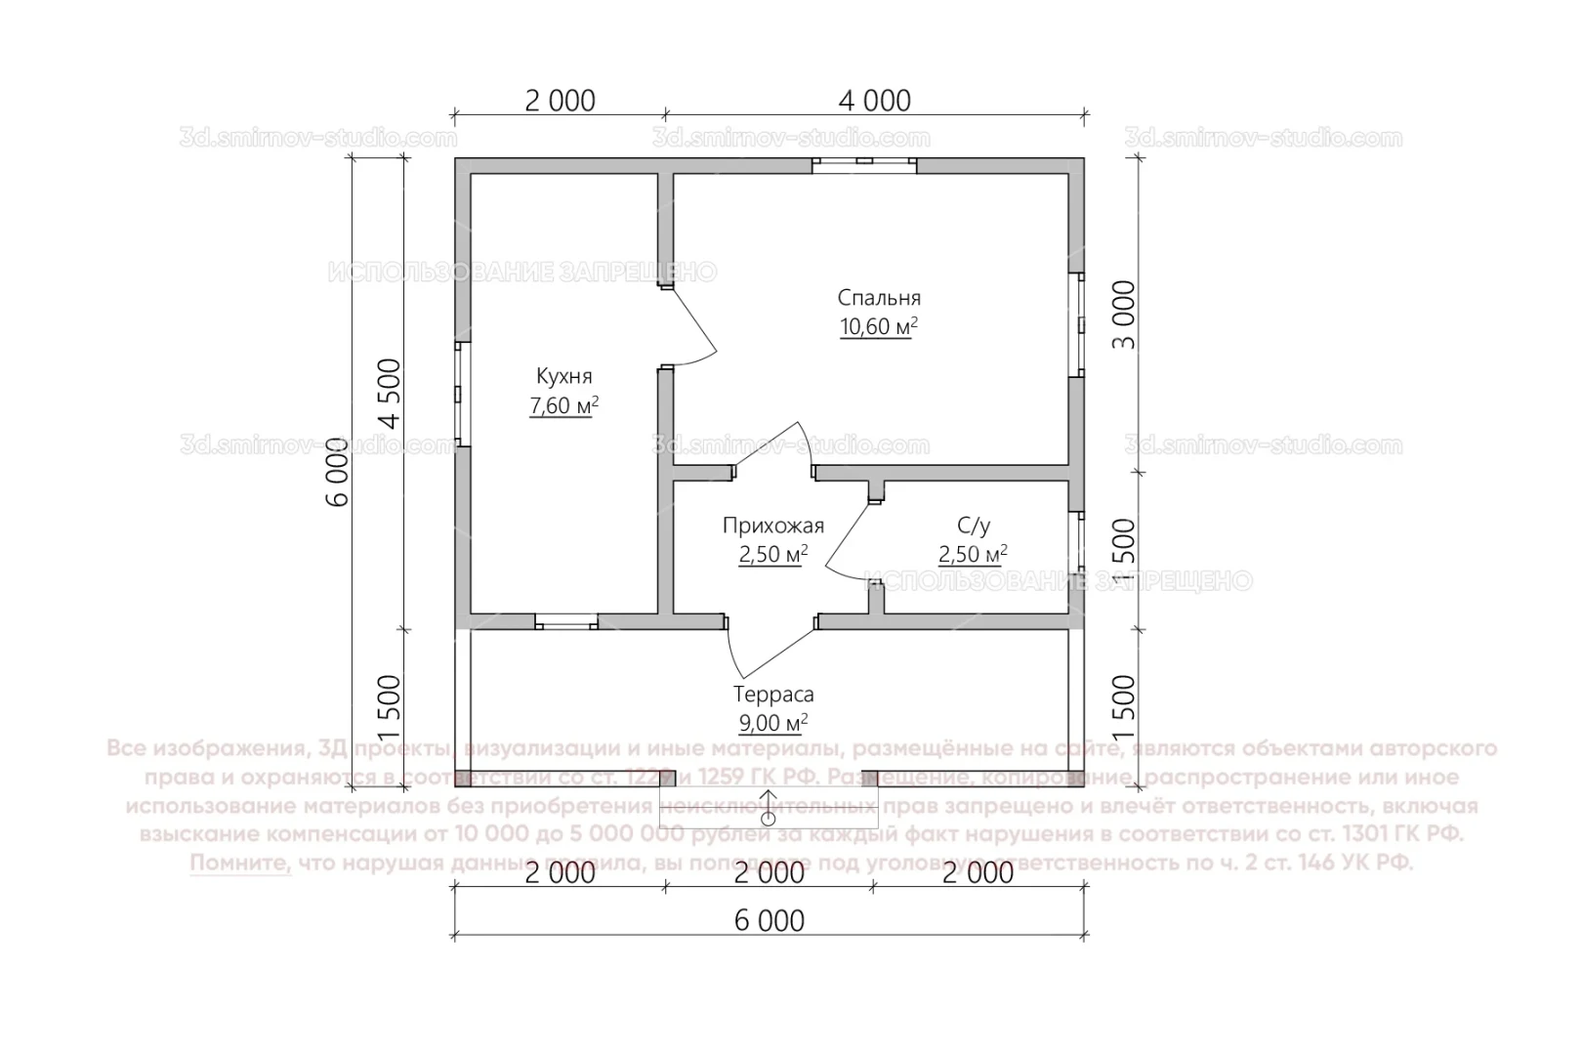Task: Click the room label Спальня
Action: (x=878, y=298)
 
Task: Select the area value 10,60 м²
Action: (x=878, y=327)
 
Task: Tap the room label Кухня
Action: (x=563, y=376)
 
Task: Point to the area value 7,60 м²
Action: (x=563, y=405)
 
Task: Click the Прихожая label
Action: (x=772, y=526)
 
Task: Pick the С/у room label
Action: (x=973, y=526)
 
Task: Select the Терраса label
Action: (x=773, y=695)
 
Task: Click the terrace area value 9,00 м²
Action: (x=773, y=724)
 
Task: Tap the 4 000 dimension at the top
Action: (x=875, y=101)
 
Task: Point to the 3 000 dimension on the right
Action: (x=1124, y=316)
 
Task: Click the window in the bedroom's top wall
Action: (x=864, y=164)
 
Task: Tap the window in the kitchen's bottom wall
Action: (x=566, y=621)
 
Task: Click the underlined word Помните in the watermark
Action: (x=240, y=864)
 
